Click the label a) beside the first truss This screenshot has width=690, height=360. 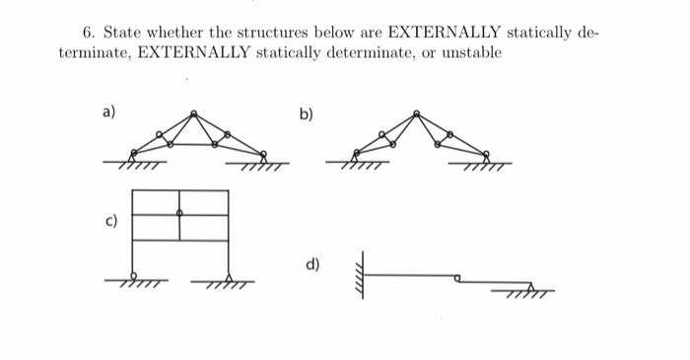click(108, 112)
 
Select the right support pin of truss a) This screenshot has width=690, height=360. click(262, 154)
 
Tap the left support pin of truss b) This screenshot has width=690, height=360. click(358, 154)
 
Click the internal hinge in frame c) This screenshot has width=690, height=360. click(179, 213)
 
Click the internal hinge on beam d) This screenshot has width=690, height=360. click(456, 279)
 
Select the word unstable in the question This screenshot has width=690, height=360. click(471, 51)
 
